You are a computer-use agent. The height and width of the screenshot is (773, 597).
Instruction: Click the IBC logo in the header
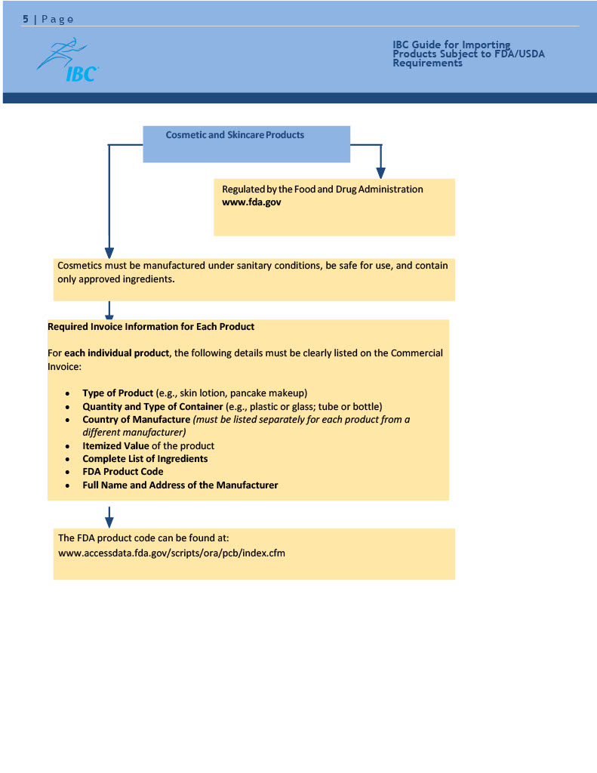67,61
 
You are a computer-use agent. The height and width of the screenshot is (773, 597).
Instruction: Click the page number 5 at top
25,19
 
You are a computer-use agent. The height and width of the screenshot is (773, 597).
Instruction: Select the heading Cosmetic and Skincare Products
235,135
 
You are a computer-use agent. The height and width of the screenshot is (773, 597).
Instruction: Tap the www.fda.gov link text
252,202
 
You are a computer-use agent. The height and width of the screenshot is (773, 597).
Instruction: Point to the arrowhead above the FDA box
380,173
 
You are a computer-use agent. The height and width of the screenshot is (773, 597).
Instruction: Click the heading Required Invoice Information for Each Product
151,327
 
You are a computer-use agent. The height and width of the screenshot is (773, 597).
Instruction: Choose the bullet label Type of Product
118,393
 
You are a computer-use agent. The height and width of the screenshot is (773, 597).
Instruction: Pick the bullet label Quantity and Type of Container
153,406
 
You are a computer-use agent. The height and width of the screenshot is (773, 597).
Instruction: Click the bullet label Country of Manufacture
137,420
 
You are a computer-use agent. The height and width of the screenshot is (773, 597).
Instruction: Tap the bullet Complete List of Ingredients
145,459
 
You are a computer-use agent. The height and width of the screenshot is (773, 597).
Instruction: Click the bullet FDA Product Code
123,472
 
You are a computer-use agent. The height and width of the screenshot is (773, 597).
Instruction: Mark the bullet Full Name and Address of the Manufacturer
180,485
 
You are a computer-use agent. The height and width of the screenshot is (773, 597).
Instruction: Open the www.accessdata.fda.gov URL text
171,553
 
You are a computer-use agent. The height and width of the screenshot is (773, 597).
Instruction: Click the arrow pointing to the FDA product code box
109,520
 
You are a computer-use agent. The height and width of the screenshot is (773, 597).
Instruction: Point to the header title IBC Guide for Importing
451,45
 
